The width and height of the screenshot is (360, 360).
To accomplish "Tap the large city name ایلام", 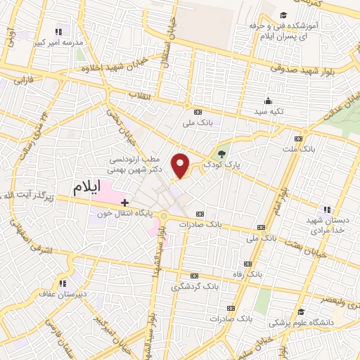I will coord(96,188).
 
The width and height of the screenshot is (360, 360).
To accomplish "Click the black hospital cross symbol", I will coord(125,202).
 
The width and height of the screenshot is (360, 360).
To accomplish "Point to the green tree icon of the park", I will coord(223,154).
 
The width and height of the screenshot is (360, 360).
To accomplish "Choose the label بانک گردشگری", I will coord(193,287).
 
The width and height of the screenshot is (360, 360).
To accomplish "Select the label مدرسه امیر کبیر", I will coord(58,41).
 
